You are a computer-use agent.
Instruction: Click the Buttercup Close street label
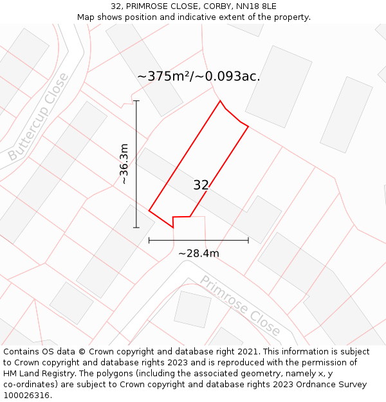[39, 118]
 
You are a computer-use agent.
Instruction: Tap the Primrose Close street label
[240, 306]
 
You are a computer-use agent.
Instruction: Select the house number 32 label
[201, 185]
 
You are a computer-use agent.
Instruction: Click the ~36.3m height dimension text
[124, 164]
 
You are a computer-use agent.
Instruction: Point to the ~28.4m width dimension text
[199, 253]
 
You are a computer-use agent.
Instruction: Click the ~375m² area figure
[168, 76]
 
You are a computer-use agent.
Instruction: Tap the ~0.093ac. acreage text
[232, 76]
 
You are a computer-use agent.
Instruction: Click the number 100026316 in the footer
[26, 396]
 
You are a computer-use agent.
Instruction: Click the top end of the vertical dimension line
[136, 101]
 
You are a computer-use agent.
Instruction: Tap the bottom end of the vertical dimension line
[136, 228]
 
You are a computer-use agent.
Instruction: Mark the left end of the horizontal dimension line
[149, 241]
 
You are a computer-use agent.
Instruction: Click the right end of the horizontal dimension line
[248, 241]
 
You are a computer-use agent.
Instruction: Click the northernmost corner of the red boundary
[221, 100]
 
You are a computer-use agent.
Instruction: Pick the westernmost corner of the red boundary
[149, 210]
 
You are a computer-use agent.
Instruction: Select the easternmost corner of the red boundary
[248, 126]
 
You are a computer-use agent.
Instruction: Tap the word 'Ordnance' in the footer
[317, 385]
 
